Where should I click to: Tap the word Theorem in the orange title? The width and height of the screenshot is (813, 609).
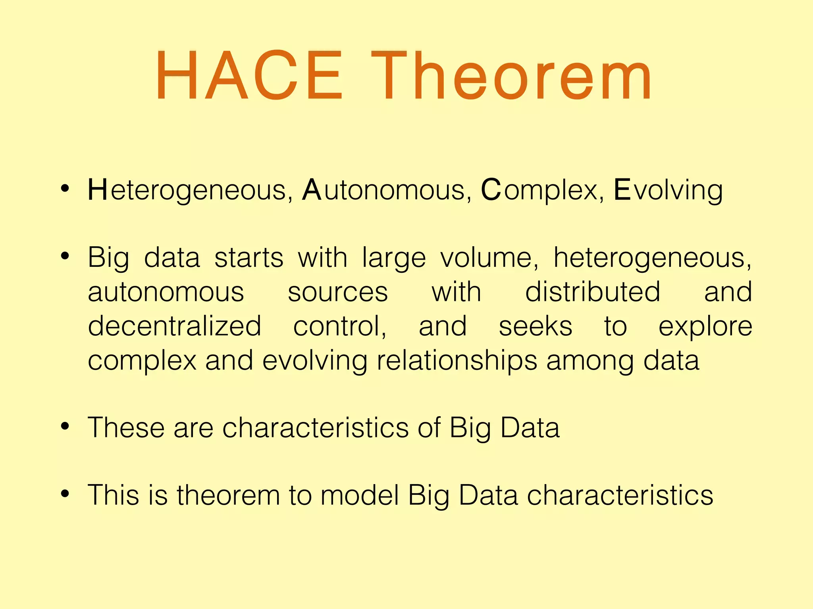[x=511, y=75]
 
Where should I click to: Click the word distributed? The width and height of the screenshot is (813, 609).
[x=593, y=292]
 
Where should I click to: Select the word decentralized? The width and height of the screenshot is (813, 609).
[x=174, y=326]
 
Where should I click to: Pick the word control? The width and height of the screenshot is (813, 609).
[x=339, y=326]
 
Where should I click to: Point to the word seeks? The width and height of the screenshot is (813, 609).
[x=536, y=326]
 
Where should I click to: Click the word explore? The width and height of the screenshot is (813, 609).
[x=705, y=326]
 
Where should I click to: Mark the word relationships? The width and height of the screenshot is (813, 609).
[x=457, y=361]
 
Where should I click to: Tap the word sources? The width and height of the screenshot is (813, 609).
[x=337, y=292]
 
